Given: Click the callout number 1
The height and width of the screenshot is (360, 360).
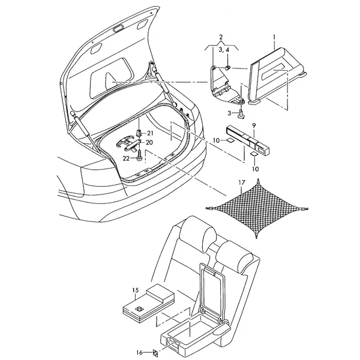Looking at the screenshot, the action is [274, 37].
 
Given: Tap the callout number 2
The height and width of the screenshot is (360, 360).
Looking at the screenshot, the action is [221, 37].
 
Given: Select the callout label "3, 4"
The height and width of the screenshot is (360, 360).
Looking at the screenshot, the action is [224, 50].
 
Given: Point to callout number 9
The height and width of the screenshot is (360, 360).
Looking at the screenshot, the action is [254, 126].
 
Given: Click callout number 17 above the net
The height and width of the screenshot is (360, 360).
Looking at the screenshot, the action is [242, 183].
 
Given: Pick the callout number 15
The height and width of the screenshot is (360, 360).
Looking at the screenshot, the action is [136, 290].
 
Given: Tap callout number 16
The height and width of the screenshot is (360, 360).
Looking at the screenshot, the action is [140, 352].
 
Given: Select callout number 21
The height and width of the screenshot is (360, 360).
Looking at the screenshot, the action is [150, 133].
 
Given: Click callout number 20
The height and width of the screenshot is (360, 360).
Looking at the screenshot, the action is [149, 143].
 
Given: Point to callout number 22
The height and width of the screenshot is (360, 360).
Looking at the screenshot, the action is [126, 158].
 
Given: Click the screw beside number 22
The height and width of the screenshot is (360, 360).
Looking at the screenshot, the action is [139, 155].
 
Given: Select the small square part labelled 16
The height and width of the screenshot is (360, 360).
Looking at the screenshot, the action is [155, 352].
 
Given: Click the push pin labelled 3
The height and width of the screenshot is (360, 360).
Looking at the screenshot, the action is [241, 114].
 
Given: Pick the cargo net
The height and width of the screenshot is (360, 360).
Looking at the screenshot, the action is [258, 208].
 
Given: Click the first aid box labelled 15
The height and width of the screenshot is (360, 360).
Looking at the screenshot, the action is [149, 302].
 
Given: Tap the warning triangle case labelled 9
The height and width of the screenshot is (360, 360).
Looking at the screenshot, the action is [248, 140].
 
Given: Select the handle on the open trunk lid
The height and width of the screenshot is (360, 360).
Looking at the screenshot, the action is [118, 29].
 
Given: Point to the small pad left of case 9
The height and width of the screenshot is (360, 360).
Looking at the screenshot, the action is [230, 140].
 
